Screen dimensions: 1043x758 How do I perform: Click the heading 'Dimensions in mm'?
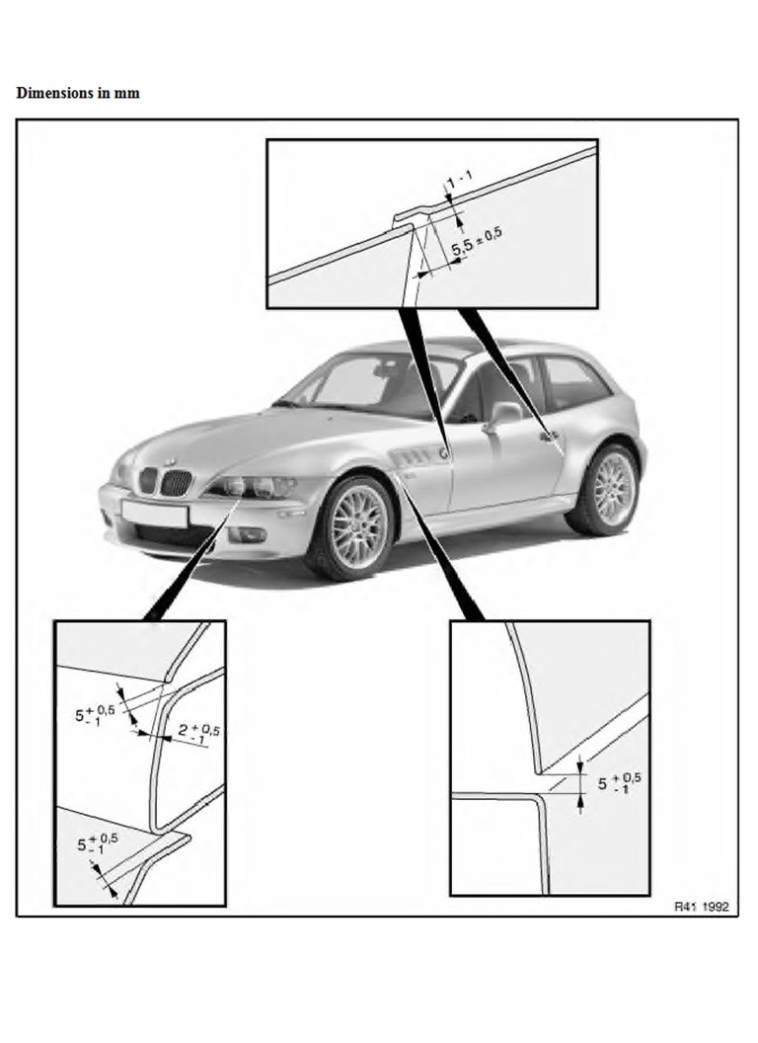78,93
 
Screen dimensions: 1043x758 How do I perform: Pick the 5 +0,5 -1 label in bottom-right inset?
616,783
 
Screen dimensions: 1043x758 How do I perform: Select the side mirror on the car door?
505,414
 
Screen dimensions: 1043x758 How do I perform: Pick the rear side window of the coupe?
574,382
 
